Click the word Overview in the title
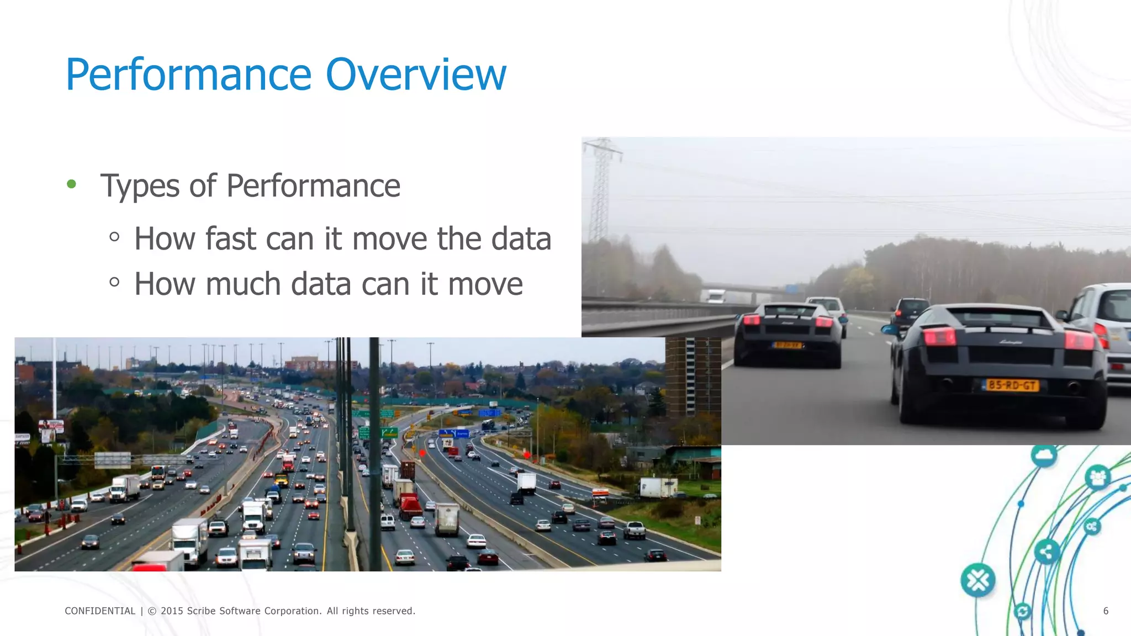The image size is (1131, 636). [x=415, y=75]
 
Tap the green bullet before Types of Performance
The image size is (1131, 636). [x=71, y=184]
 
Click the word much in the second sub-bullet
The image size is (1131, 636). [x=243, y=284]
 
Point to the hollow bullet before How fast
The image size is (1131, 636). [x=114, y=237]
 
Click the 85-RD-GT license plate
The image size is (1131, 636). [x=1012, y=385]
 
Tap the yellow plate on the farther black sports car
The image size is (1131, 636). [x=786, y=345]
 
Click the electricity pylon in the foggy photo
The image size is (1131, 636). [x=601, y=188]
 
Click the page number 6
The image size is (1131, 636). [x=1106, y=611]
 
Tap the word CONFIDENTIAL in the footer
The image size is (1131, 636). [x=100, y=611]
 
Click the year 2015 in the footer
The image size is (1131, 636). [x=172, y=611]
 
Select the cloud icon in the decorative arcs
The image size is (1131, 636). [x=1044, y=455]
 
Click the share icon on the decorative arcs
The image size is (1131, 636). [x=1046, y=551]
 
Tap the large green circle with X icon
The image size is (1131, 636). [x=977, y=580]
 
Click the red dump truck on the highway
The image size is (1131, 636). [x=410, y=506]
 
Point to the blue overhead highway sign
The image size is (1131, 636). [x=453, y=433]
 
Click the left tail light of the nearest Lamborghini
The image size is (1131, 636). [x=939, y=336]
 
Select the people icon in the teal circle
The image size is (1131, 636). [x=1097, y=477]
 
